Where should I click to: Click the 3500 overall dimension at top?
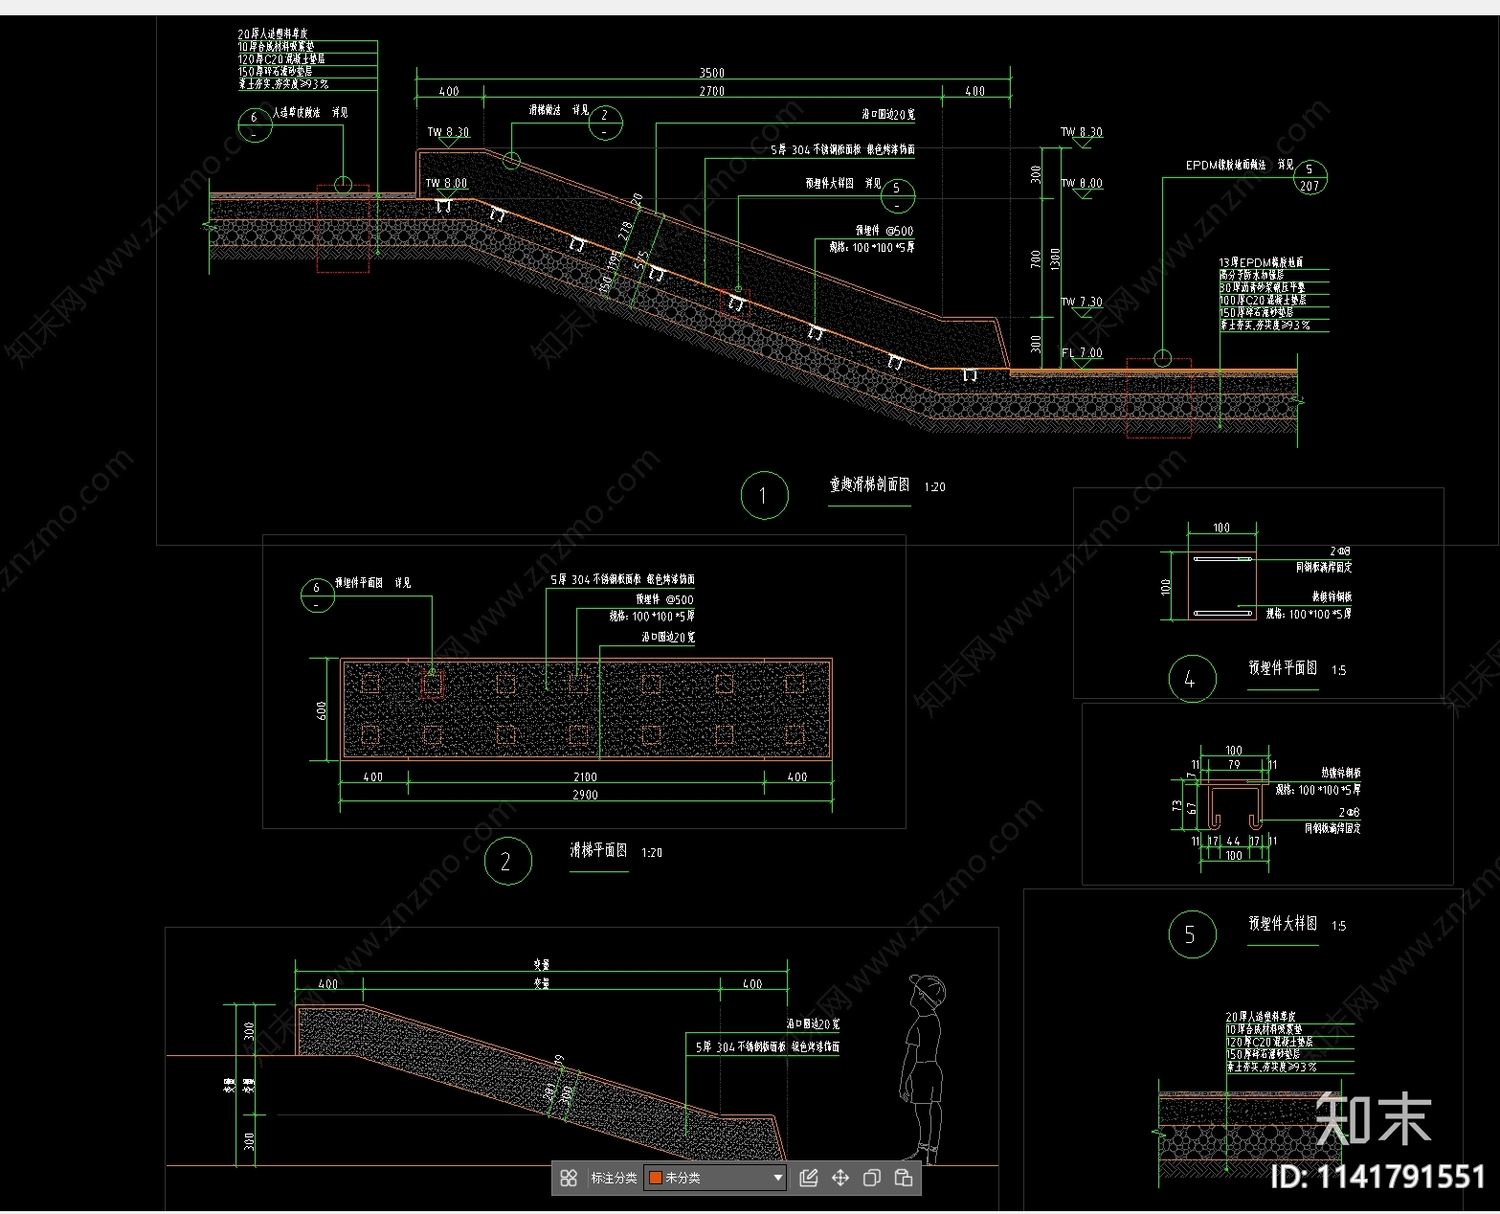coord(711,73)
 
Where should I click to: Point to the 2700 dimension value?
coord(711,92)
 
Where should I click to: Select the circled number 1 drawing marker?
coord(764,495)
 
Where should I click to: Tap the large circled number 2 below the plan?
coord(506,862)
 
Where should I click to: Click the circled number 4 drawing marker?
coord(1192,679)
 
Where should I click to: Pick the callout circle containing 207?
coord(1310,177)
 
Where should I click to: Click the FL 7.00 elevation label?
coord(1083,353)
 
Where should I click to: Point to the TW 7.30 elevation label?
coord(1082,302)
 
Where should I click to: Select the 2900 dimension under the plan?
coord(585,795)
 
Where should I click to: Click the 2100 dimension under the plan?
coord(585,777)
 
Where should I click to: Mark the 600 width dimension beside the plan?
coord(323,709)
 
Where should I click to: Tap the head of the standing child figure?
coord(928,992)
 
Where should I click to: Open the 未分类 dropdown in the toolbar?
coord(716,1178)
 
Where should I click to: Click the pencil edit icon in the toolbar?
coord(808,1178)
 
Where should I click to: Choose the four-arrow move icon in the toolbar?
coord(840,1178)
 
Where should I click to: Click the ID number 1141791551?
coord(1377,1177)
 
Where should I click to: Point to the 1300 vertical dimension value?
coord(1056,259)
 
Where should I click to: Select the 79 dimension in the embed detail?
coord(1234,764)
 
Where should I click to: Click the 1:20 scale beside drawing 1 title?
coord(934,487)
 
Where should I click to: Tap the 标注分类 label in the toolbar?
coord(614,1178)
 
